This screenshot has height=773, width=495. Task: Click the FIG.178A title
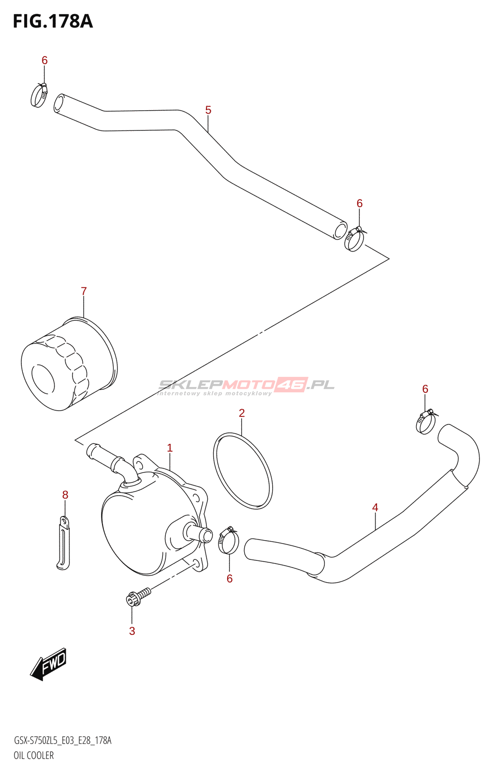pos(53,21)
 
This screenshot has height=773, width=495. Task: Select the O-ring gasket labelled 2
pos(243,471)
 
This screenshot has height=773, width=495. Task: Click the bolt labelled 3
pos(137,596)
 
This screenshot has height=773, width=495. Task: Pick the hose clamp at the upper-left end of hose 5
pos(39,95)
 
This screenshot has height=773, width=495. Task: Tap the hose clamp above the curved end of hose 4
pos(426,422)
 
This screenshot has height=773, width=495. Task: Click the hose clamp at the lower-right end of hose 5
pos(355,239)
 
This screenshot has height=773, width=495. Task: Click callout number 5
pos(208,110)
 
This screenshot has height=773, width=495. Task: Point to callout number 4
pos(375,507)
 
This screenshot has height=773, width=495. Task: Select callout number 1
pos(170,448)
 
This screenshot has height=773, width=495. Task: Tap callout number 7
pos(84,291)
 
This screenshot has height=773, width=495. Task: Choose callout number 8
pos(65,495)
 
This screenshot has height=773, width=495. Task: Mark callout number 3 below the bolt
pos(132,631)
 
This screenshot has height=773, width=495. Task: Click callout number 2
pos(242,413)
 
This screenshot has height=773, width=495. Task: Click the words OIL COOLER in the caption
pos(34,756)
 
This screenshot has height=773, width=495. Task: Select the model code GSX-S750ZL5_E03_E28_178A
pos(63,741)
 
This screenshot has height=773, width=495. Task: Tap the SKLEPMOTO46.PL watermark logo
pos(247,386)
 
